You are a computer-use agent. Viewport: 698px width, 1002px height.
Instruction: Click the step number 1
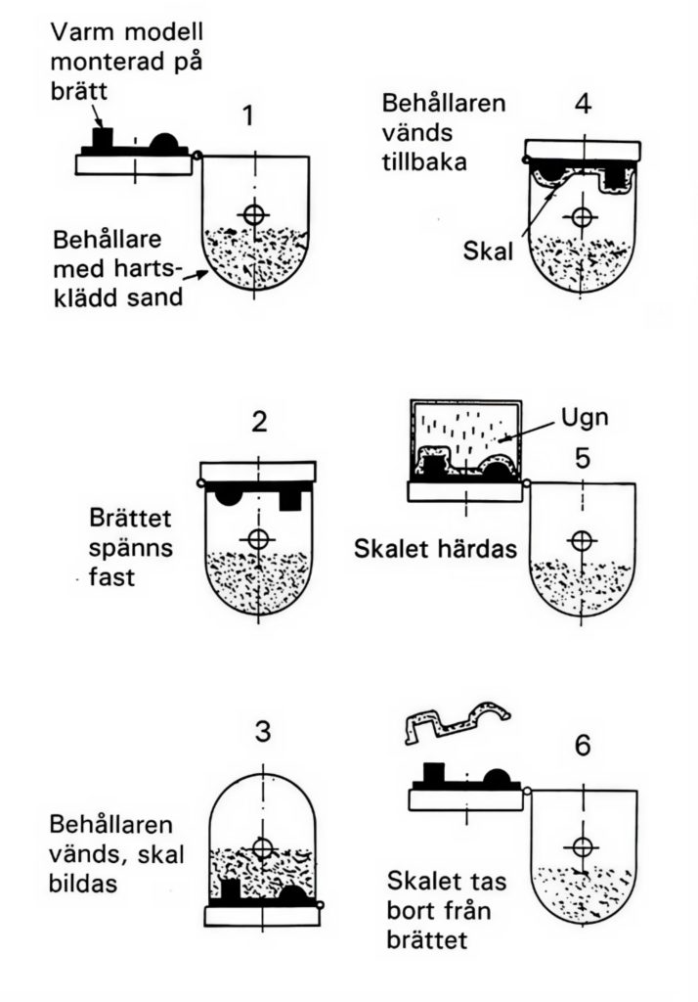[x=249, y=116]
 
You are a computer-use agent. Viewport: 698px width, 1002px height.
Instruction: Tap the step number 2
[x=259, y=423]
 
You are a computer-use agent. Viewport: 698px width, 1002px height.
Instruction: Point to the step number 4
[x=583, y=103]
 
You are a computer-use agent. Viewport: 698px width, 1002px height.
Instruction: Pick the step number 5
[x=582, y=457]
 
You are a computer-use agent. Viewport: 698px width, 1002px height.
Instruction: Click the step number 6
[x=583, y=746]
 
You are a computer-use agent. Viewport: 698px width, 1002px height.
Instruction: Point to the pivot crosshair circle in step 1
[x=255, y=213]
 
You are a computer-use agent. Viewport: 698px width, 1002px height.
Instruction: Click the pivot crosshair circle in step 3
[x=261, y=847]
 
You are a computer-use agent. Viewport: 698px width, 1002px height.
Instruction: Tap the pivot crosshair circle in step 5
[x=582, y=539]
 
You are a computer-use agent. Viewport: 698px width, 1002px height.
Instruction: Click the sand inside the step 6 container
[x=582, y=880]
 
